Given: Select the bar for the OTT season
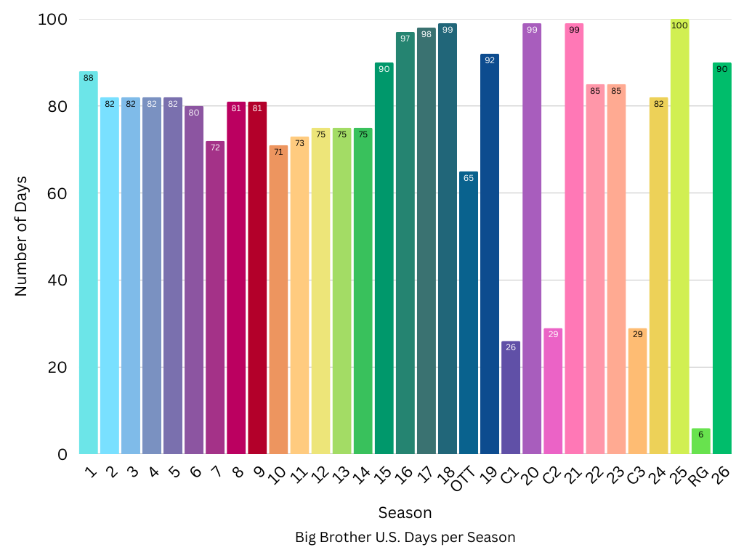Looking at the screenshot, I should point(469,313).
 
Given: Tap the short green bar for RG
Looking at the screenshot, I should point(700,442).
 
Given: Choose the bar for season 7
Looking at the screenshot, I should point(215,298).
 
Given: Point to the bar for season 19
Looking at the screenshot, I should point(490,254).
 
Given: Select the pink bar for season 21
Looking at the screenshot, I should point(574,239).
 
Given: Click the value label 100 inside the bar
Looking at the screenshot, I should point(679,25).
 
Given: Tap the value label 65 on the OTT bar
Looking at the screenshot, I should point(469,178).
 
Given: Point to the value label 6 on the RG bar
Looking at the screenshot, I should point(700,434).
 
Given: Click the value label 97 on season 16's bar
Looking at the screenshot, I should point(405,39).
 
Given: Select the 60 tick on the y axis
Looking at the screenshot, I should point(57,193).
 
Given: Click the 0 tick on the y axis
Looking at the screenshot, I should point(62,454).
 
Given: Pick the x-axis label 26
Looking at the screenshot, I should point(721,475).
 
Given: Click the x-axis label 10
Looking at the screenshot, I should point(278,475).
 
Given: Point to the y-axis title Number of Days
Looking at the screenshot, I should point(21,236).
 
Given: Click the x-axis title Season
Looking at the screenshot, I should point(405,513).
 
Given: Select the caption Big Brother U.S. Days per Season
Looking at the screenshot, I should point(405,538).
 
